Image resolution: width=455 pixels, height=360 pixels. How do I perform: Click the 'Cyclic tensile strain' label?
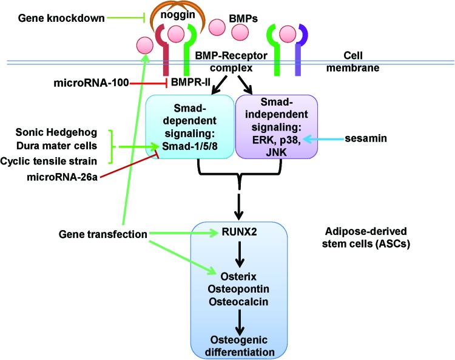(56, 160)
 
